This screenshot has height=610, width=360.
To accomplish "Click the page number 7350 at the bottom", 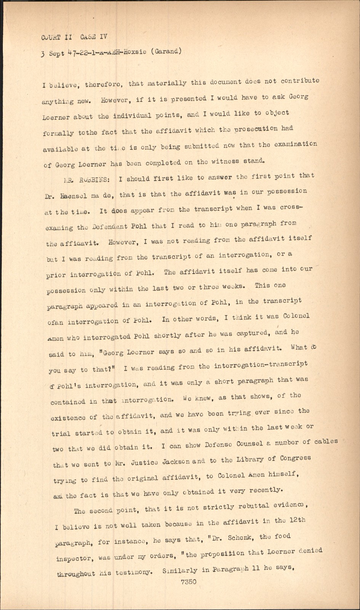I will click(x=189, y=582).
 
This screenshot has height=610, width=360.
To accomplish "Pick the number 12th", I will click(x=297, y=520).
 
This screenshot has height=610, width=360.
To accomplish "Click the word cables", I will click(x=326, y=441).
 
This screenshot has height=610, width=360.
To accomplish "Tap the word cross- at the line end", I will click(x=291, y=207).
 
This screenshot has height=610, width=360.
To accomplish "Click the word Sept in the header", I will click(x=56, y=54).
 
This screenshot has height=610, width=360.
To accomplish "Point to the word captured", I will click(x=253, y=333).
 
